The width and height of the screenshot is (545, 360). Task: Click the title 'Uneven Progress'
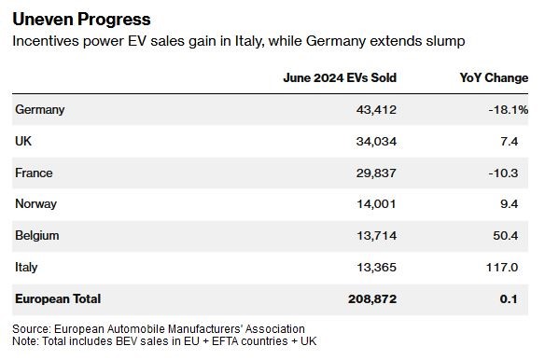tap(82, 20)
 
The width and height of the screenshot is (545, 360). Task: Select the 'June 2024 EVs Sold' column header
tap(340, 77)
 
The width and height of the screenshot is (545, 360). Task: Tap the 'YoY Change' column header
tap(494, 77)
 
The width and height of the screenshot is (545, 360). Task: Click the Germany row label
tap(40, 110)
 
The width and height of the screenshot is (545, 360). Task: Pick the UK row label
tap(23, 141)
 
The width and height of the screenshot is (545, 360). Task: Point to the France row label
tap(34, 173)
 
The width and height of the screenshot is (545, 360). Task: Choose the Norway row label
tap(35, 204)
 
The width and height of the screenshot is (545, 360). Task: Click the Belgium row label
tap(37, 236)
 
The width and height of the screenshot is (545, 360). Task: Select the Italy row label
tap(26, 268)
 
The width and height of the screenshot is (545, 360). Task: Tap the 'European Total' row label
tap(58, 298)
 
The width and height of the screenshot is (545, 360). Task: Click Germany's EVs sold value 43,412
tap(376, 110)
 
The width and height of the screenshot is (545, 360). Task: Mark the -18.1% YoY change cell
tap(509, 110)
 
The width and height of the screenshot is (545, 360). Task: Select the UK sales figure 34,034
tap(376, 142)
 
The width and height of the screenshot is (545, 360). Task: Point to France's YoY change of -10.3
tap(503, 173)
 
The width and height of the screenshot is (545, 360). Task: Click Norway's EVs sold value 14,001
tap(376, 204)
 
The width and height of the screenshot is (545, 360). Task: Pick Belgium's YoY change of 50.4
tap(506, 236)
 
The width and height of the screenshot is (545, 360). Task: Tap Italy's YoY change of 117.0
tap(502, 268)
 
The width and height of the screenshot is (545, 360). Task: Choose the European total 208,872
tap(372, 298)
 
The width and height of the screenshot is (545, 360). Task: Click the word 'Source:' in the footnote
tap(32, 328)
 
